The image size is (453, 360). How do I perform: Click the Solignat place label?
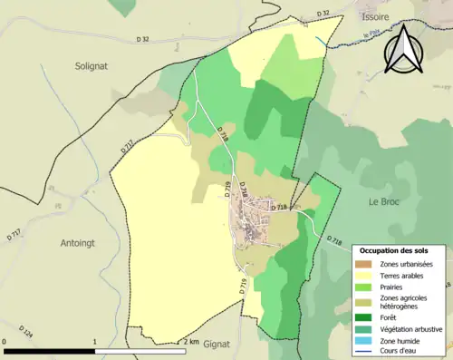coord(92,65)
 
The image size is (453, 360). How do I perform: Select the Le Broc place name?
coord(384,200)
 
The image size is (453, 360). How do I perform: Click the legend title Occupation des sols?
coord(400,249)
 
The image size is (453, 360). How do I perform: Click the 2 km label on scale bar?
coord(189,342)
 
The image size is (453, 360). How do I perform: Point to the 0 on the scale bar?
coord(5,342)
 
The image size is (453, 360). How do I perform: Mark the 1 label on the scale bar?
coord(95,342)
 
